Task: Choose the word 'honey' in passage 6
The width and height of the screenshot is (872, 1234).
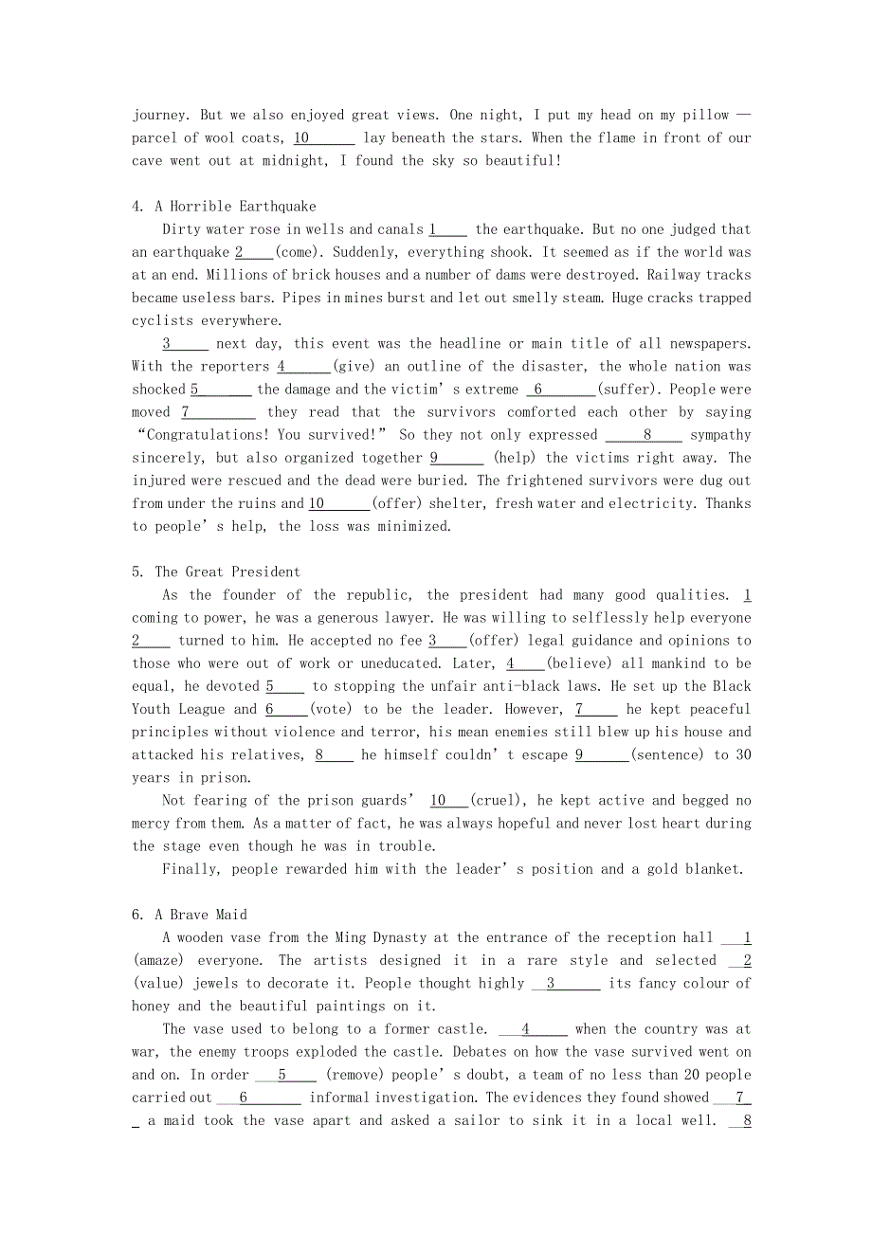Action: pyautogui.click(x=152, y=1007)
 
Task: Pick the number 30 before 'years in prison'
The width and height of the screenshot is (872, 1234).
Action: pyautogui.click(x=742, y=755)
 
